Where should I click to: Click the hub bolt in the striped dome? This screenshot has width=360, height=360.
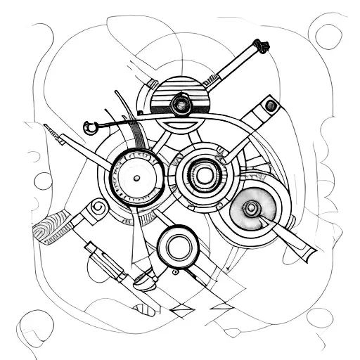click(182, 106)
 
